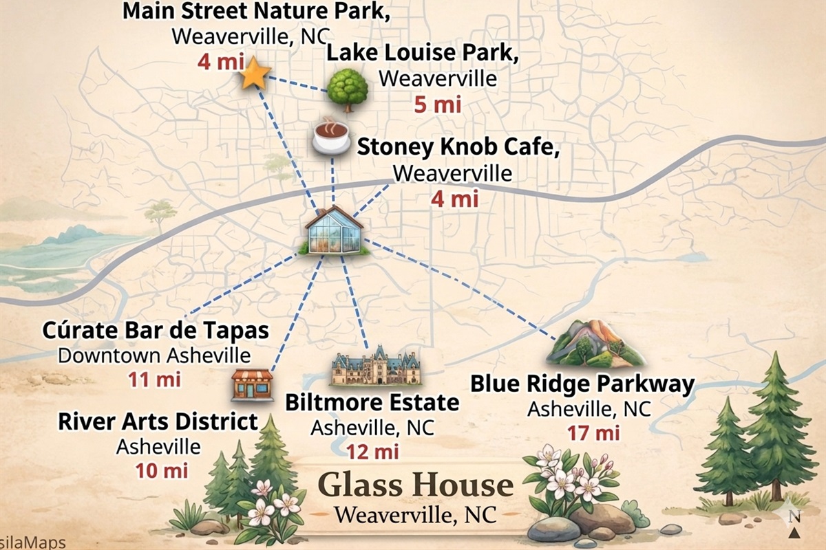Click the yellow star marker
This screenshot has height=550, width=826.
254,74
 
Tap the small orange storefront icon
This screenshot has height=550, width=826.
252,384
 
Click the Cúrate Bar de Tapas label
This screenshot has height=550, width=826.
156,330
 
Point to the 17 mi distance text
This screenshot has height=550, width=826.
593,433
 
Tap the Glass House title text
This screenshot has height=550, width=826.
416,485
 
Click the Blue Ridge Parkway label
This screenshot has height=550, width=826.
582,384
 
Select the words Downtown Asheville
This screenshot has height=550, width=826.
154,355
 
